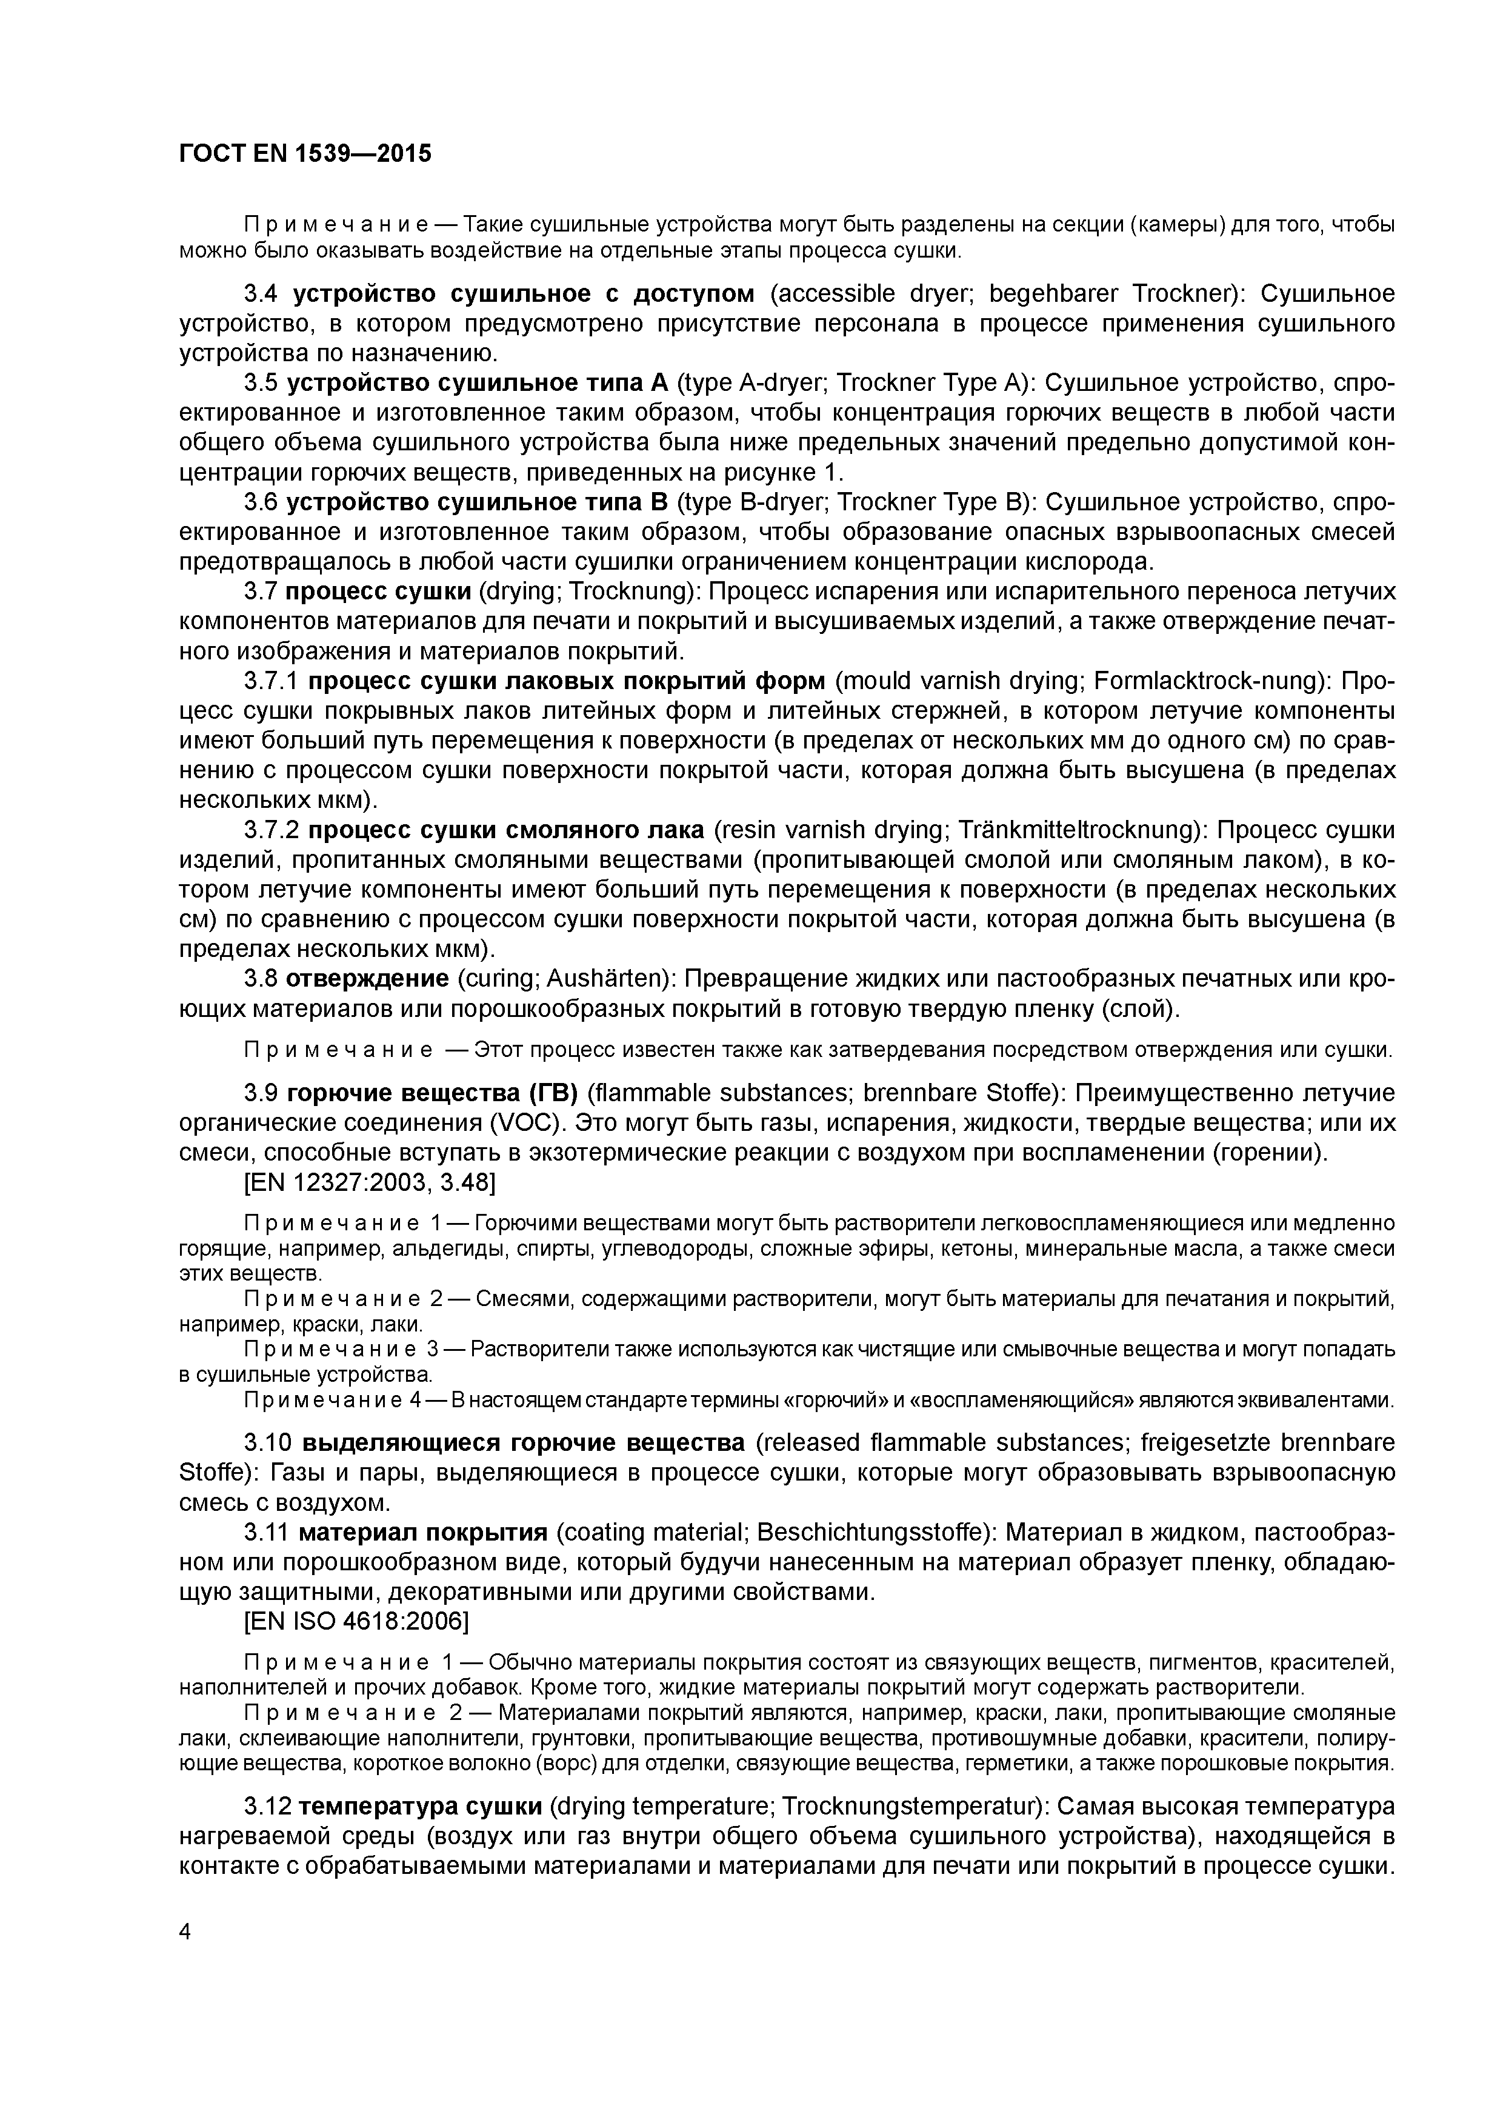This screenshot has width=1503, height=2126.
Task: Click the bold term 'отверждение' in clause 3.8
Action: (368, 979)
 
